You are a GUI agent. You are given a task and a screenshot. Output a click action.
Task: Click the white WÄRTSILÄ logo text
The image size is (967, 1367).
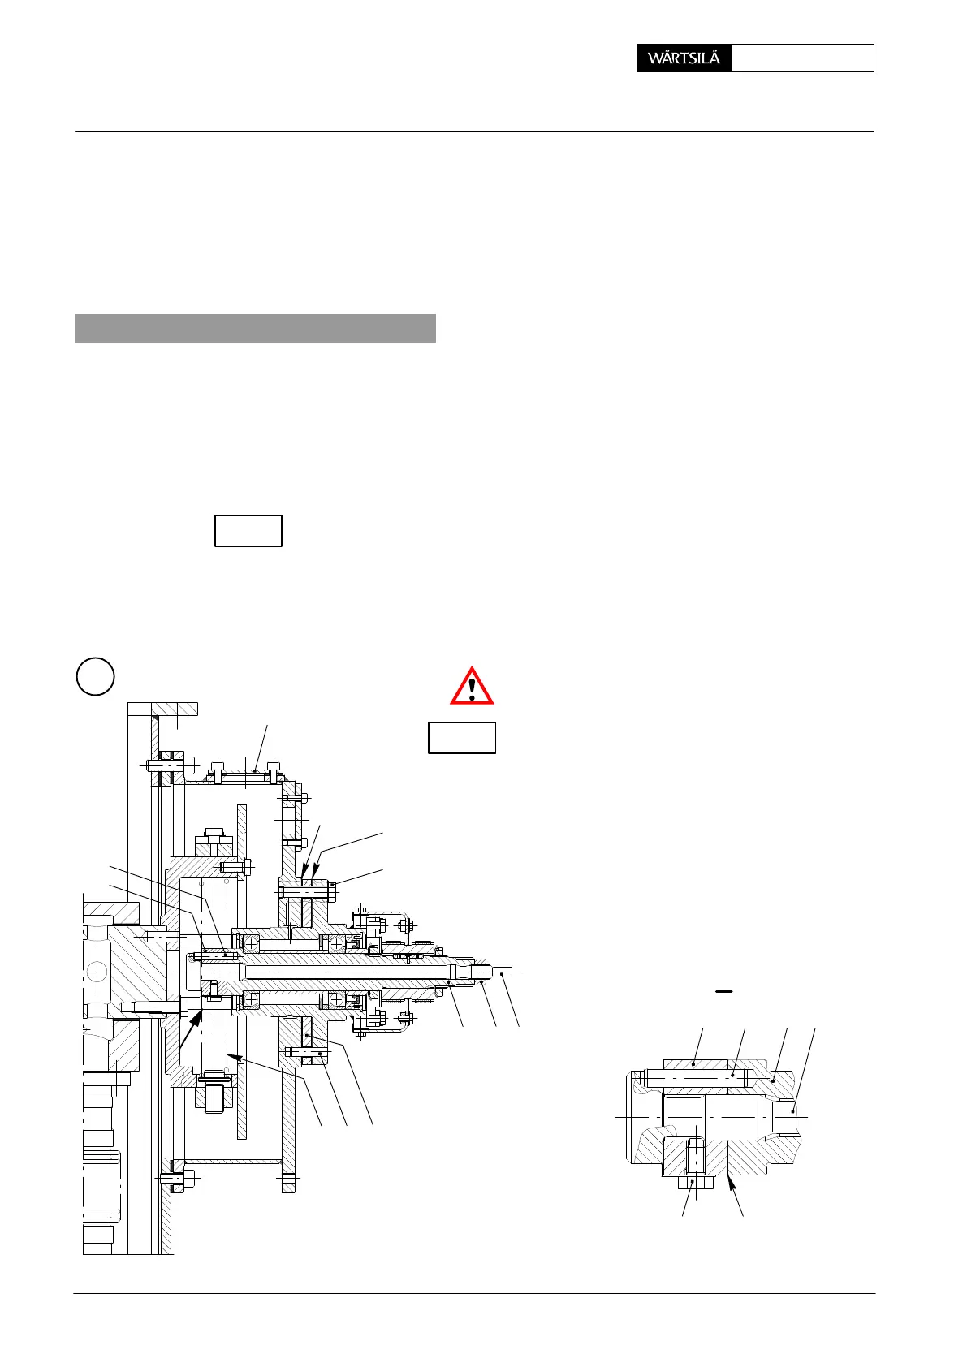[684, 58]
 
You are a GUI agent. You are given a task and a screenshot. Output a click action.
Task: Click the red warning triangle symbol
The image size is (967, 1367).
[472, 687]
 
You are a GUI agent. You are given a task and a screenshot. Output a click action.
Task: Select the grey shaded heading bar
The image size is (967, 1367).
[255, 328]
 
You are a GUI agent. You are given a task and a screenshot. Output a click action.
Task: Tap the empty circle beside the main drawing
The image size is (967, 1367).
[95, 676]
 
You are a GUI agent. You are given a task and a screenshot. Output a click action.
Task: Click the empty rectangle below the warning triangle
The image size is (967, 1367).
[462, 738]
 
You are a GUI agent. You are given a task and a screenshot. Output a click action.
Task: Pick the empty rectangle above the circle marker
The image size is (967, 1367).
[248, 531]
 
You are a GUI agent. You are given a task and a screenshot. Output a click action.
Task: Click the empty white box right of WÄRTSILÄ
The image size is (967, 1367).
[802, 58]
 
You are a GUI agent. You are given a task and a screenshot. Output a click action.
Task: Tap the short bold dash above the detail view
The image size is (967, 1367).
[723, 992]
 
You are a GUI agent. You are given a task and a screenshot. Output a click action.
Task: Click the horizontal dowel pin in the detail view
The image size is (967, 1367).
[698, 1077]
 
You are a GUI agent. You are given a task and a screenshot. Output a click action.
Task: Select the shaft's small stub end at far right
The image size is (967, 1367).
[503, 972]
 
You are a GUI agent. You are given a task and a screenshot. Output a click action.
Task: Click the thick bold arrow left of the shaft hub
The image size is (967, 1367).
[192, 1026]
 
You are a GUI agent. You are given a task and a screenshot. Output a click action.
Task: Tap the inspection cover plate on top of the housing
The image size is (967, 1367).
[245, 775]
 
